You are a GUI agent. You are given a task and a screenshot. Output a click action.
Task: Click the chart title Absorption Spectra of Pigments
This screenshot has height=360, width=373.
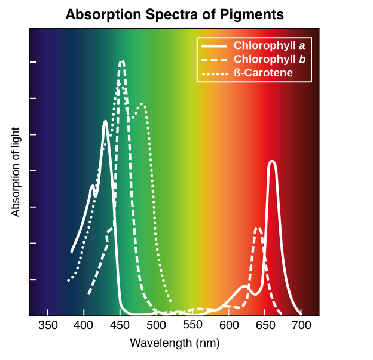174,14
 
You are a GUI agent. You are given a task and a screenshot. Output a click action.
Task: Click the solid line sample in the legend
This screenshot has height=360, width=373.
213,45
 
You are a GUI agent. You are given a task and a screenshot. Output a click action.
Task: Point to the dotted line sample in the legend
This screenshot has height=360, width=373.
213,73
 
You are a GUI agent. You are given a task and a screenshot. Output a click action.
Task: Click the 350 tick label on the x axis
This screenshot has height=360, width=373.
48,325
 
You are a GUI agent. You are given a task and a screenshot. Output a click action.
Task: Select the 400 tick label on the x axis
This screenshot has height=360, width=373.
84,325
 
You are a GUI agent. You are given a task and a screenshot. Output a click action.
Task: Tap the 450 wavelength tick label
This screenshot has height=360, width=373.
120,325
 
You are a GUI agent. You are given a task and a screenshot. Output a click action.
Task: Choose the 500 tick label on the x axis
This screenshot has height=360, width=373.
157,325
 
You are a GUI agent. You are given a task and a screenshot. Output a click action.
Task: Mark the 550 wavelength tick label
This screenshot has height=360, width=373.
193,325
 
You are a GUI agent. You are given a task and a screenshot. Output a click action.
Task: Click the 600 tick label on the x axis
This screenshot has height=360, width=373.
230,325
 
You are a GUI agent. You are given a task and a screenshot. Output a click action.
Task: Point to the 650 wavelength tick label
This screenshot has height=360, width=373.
265,325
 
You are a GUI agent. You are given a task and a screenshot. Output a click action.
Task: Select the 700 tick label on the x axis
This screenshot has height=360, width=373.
302,325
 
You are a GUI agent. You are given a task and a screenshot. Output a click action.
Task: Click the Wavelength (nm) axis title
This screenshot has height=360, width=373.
175,343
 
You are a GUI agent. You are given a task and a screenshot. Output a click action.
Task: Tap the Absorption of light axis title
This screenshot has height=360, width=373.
16,171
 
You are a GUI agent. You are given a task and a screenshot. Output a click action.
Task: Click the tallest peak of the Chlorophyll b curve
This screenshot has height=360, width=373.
122,61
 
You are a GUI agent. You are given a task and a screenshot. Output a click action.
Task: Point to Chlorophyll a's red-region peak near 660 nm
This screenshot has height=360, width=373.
273,162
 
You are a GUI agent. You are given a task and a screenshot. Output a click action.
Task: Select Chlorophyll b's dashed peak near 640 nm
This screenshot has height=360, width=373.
258,228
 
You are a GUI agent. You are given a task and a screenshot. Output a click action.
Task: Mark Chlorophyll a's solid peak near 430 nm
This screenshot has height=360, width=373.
105,122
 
